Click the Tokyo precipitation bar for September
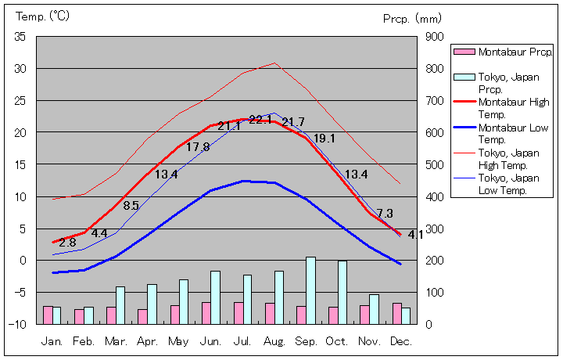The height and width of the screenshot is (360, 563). coord(310,290)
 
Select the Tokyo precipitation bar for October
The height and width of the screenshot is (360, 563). coord(342,292)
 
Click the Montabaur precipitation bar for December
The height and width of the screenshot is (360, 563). coord(396,313)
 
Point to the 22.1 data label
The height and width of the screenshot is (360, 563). coord(260,120)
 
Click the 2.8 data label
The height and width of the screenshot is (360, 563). coord(67,243)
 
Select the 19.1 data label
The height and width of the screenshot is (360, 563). coord(324,139)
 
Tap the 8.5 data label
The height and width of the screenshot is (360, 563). coord(131,206)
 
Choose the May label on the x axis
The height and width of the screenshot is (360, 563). coord(179,342)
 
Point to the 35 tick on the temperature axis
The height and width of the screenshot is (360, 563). coord(21,37)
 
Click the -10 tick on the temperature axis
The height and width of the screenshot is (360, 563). coord(19,324)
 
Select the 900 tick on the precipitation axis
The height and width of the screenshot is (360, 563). coord(434,37)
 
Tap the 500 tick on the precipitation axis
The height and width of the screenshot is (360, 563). coord(434,164)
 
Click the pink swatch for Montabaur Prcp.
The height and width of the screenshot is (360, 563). coord(464,52)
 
